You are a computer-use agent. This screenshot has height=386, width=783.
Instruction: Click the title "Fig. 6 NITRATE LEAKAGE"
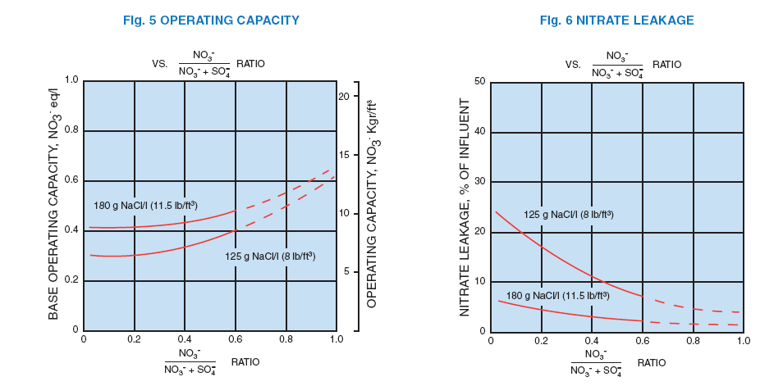(x=604, y=18)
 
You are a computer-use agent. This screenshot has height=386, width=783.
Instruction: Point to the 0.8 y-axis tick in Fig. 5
(x=71, y=131)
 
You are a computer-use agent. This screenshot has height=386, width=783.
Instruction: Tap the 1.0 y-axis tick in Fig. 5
(x=71, y=81)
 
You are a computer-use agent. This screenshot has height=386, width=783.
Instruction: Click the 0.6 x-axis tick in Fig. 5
(x=235, y=338)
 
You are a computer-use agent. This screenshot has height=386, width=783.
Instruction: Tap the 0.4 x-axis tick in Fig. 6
(x=592, y=339)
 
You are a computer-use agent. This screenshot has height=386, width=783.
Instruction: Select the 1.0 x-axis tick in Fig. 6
(x=744, y=339)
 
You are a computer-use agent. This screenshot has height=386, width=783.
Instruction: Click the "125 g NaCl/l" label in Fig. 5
(x=270, y=257)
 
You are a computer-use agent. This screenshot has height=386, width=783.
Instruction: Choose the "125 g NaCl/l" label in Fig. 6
(x=569, y=215)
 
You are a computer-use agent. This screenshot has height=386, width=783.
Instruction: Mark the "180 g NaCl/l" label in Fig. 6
(x=557, y=295)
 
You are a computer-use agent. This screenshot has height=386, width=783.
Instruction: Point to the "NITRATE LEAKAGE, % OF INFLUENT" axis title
(x=465, y=207)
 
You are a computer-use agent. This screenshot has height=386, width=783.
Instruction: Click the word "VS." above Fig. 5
(x=160, y=63)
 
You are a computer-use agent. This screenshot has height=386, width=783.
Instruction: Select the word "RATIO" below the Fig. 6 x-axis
(x=652, y=362)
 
